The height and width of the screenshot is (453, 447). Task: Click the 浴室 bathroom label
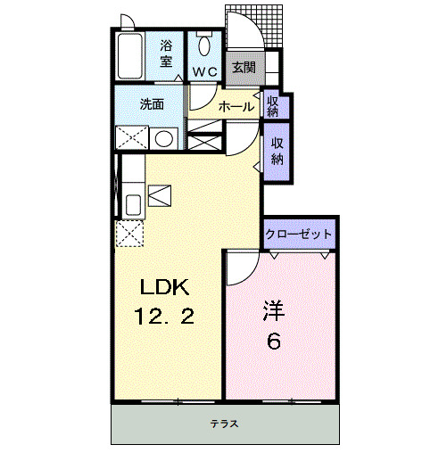pos(167,54)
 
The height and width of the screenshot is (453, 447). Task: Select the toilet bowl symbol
pos(204,45)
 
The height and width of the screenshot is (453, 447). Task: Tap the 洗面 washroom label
pos(151,103)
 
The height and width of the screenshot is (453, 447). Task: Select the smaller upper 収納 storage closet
pos(272,106)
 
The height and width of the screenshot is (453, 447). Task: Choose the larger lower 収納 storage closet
pos(277,152)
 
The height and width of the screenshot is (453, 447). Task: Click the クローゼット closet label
pos(299,235)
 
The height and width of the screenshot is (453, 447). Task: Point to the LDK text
pos(162,288)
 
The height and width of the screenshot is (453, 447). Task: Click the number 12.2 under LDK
pos(166,316)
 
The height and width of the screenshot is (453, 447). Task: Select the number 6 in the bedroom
pos(275,341)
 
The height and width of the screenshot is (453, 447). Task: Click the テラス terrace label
pos(224,424)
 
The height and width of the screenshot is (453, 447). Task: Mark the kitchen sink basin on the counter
pos(132,204)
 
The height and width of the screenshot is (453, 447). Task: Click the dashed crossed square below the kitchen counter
pos(130,234)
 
